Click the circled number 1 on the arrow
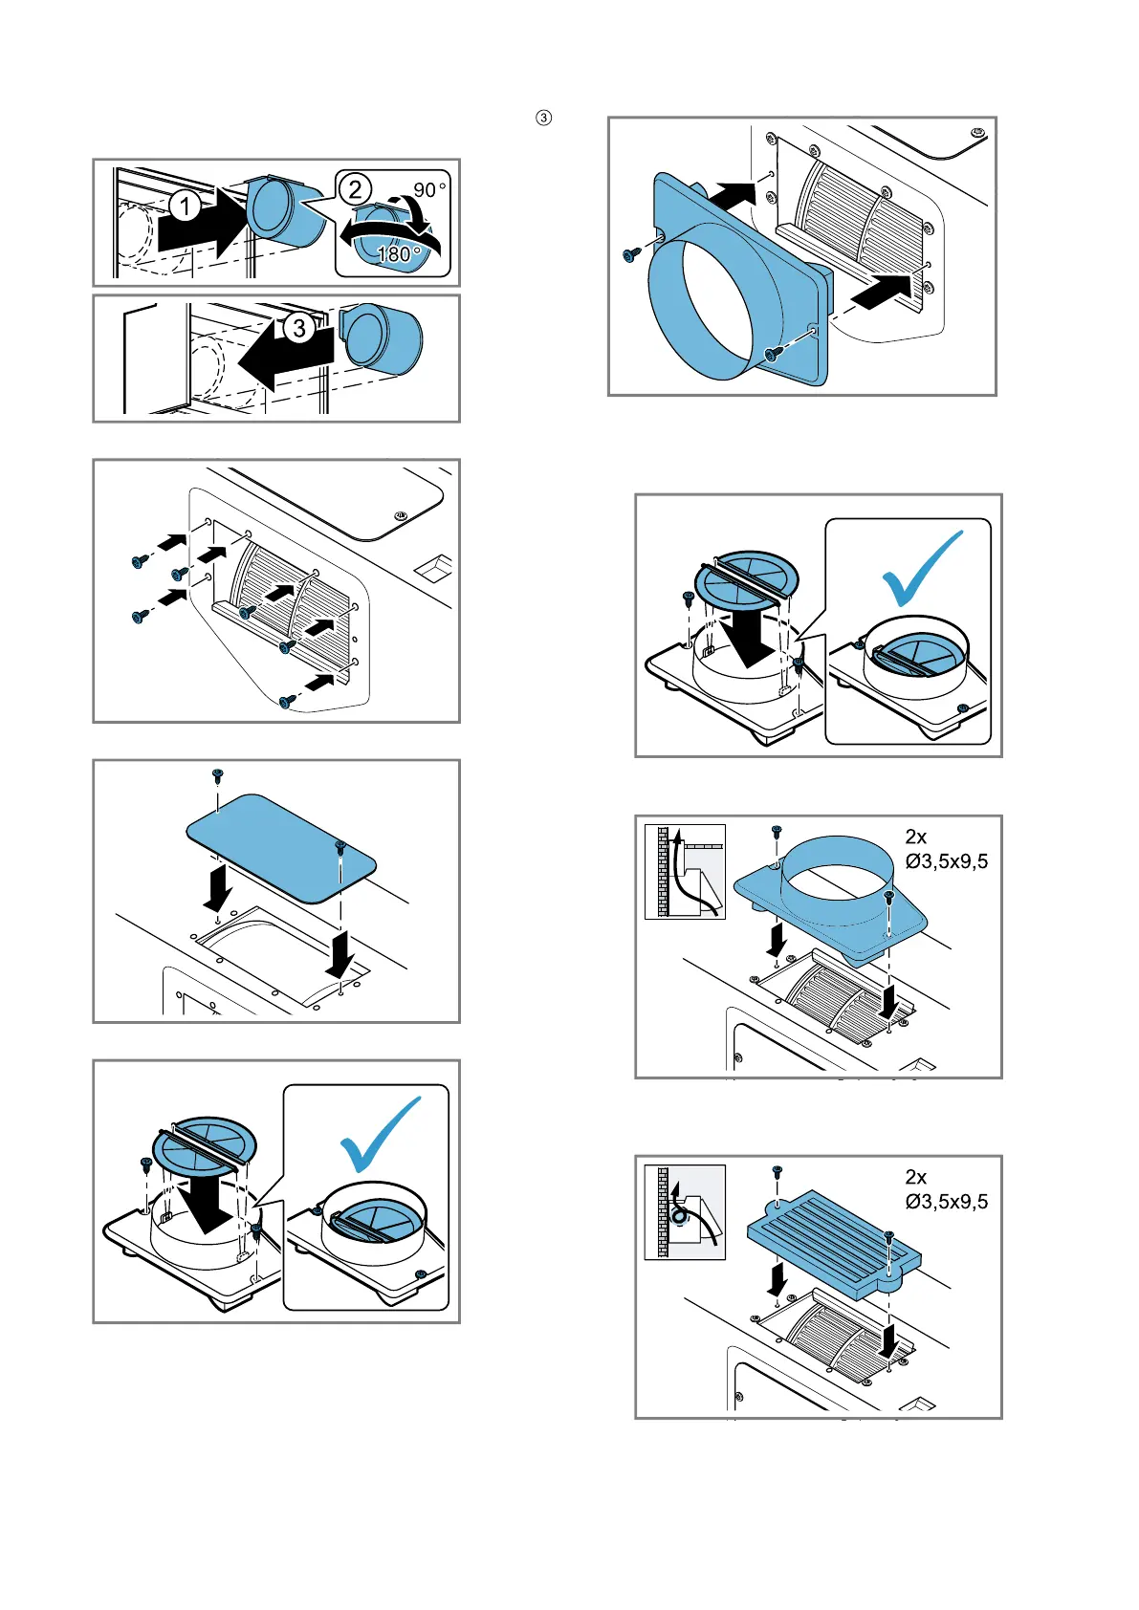(186, 206)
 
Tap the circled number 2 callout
(356, 189)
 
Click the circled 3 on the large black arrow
(299, 329)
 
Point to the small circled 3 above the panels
(543, 119)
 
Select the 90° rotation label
(429, 189)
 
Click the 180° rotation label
(398, 254)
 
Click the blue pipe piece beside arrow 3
(382, 339)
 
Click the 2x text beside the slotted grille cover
(916, 1177)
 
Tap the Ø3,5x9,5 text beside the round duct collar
(946, 861)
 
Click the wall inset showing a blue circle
(685, 1212)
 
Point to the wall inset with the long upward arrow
(685, 871)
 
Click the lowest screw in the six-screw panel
(285, 703)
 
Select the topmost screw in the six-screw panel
(138, 562)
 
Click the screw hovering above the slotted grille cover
(777, 1171)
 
